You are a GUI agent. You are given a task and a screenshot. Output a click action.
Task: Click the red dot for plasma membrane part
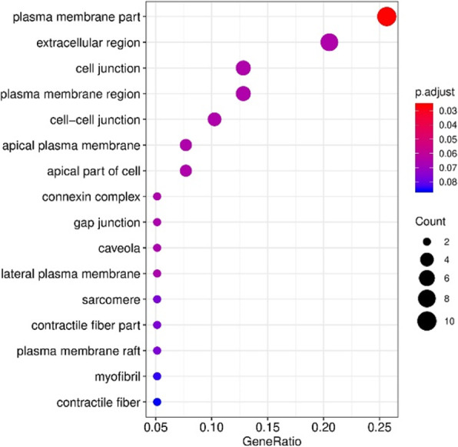pos(387,16)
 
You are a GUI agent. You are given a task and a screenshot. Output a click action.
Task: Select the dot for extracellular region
pos(329,42)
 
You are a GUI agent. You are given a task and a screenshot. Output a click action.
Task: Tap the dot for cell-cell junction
pos(214,119)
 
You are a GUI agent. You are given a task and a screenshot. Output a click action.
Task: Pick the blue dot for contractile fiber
pos(157,402)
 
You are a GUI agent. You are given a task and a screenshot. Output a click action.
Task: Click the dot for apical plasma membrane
pos(185,145)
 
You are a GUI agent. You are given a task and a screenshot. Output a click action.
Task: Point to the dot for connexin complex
pos(157,196)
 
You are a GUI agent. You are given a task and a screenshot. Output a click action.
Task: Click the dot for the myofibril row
pos(157,376)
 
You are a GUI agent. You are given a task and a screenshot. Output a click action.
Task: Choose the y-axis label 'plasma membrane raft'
pos(89,350)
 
